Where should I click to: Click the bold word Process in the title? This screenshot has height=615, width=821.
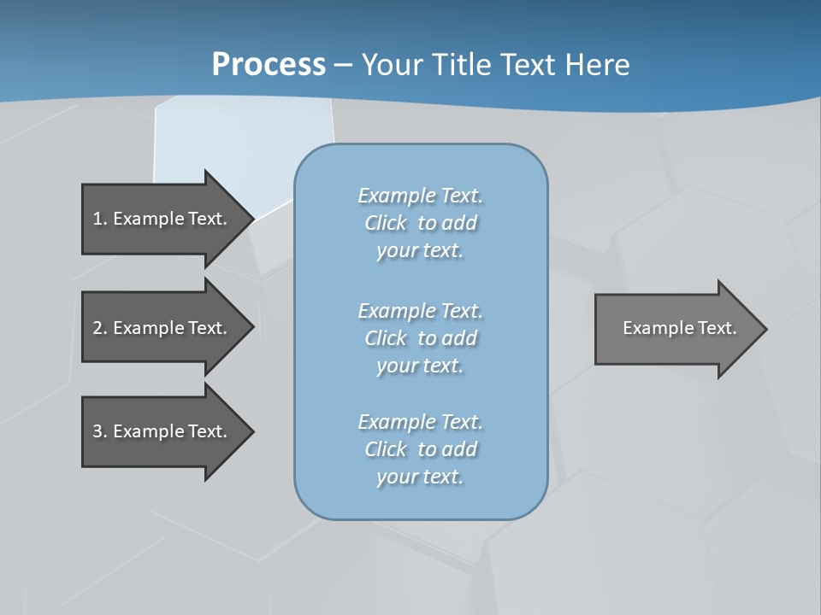(269, 65)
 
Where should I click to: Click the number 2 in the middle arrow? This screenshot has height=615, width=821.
(97, 328)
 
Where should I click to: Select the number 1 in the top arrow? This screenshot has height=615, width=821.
(97, 219)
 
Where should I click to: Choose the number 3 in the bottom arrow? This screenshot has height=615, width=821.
(97, 431)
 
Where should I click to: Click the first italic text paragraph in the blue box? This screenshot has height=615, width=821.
(420, 223)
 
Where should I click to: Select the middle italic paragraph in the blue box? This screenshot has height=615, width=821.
(420, 338)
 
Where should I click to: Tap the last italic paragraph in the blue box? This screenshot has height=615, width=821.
(420, 449)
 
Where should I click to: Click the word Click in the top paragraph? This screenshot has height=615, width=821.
(386, 223)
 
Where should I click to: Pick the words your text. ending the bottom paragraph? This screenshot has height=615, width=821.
(420, 477)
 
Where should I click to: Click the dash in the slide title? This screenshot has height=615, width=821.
(343, 65)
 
